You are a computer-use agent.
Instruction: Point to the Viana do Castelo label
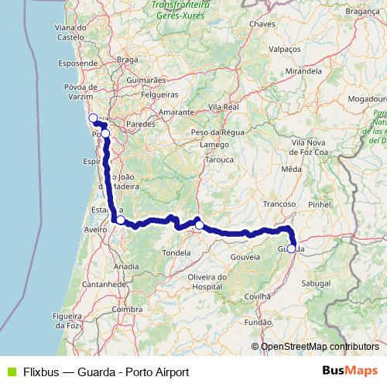70,32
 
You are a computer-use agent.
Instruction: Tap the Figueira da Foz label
67,321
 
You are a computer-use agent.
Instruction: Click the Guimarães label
146,80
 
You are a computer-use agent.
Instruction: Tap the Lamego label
214,145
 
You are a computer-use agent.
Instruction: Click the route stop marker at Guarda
291,248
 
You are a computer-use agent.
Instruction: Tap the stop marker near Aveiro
120,220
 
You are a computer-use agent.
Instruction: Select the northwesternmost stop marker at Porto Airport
93,118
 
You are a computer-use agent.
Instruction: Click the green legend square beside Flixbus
10,372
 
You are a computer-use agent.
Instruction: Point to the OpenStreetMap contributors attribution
315,346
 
